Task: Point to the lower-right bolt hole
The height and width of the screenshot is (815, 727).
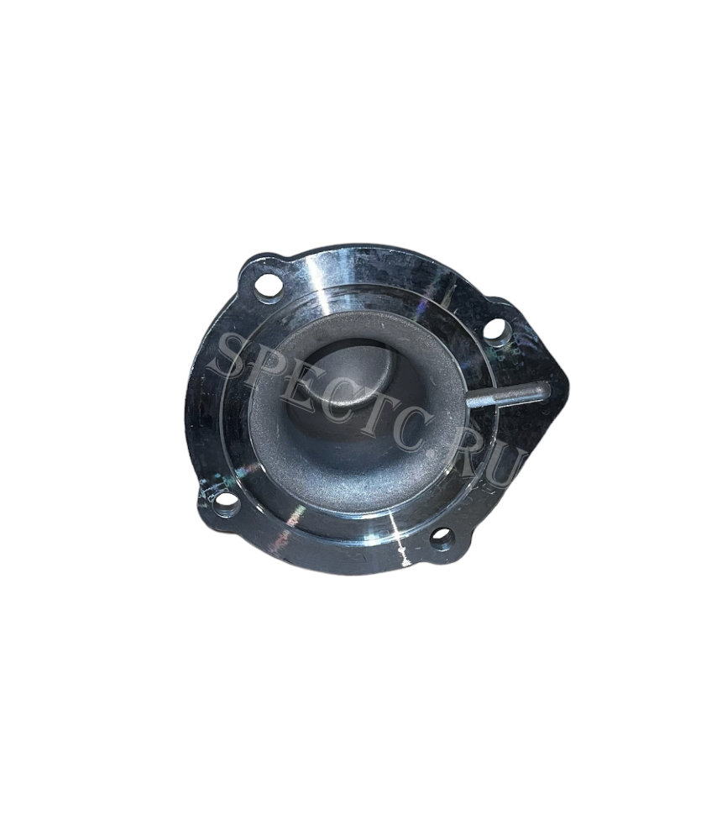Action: coord(442,536)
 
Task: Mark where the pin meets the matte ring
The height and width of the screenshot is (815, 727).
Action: coord(469,402)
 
